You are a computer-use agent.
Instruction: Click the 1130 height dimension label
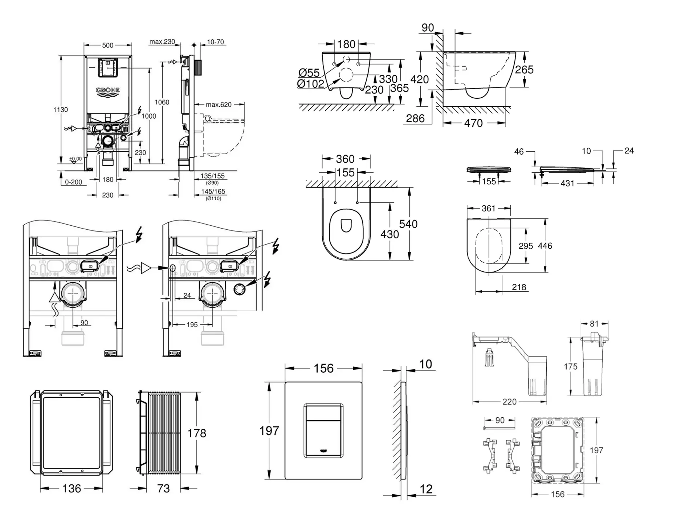point(61,110)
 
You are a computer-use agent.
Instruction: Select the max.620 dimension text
point(219,105)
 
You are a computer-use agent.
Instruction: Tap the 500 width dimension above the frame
point(108,45)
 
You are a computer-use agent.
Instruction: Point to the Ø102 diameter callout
point(310,84)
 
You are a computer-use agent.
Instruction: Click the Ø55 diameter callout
point(309,73)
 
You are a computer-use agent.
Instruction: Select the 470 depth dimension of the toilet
point(473,123)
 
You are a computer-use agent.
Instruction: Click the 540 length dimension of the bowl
point(408,224)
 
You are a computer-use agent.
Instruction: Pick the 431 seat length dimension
point(567,184)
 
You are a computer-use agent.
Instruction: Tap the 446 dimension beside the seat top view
point(545,246)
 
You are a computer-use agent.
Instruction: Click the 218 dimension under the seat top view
point(519,287)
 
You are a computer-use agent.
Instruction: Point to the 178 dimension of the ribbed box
point(196,433)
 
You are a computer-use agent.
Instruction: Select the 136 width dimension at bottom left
point(72,488)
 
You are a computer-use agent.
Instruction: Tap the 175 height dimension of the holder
point(570,366)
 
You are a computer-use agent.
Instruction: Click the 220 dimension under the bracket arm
point(509,402)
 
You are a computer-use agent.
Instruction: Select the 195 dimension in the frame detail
point(192,325)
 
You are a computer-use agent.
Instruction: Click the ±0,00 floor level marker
point(76,159)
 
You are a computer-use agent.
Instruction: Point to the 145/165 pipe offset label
point(213,191)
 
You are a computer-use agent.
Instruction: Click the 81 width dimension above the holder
point(594,324)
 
